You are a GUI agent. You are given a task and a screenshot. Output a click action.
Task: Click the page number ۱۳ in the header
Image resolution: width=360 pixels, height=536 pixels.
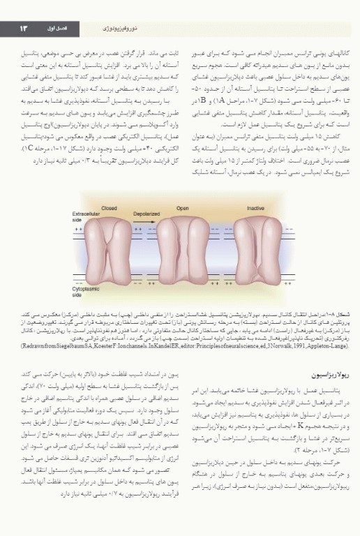tap(22, 28)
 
